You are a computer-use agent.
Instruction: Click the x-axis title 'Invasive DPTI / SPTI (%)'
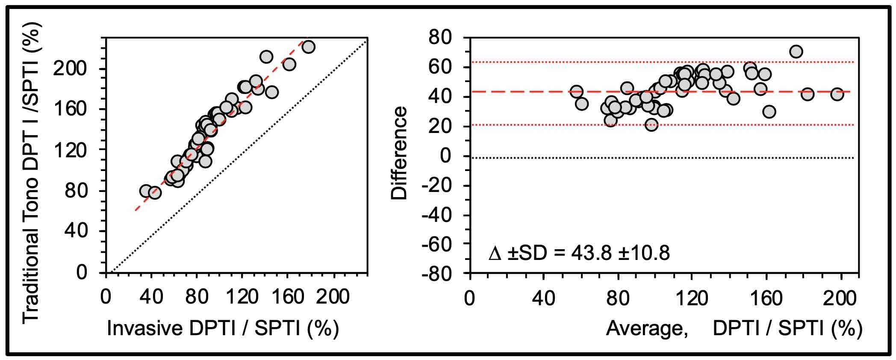click(x=223, y=328)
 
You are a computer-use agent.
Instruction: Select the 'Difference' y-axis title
click(x=400, y=153)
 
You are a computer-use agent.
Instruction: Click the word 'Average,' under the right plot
click(x=647, y=328)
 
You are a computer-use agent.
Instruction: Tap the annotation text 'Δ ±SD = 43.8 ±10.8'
click(x=579, y=254)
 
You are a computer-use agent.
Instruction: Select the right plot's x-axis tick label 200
click(x=841, y=297)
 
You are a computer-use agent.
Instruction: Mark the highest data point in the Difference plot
click(x=796, y=52)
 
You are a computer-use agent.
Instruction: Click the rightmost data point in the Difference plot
click(x=837, y=94)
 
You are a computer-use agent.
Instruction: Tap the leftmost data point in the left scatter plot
click(x=146, y=191)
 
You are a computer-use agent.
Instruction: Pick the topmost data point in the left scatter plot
click(x=308, y=47)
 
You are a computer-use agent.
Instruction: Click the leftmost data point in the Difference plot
click(x=576, y=91)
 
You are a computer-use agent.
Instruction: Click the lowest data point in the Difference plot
click(x=651, y=125)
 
